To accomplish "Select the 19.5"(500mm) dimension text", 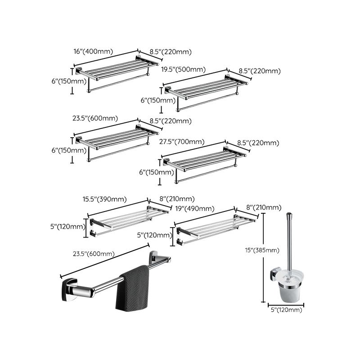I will pyautogui.click(x=184, y=69).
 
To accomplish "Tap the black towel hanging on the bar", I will pyautogui.click(x=133, y=288).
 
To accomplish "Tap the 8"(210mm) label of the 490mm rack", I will pyautogui.click(x=265, y=207).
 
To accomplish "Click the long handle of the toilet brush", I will pyautogui.click(x=288, y=243).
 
